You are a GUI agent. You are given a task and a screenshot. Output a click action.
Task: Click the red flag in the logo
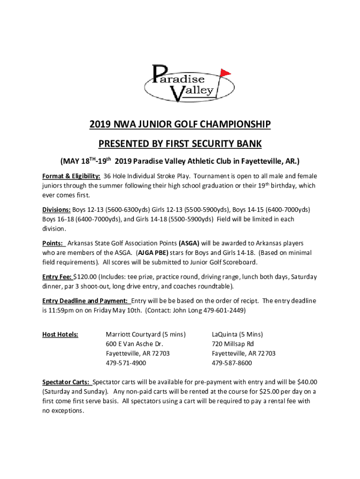click(225, 73)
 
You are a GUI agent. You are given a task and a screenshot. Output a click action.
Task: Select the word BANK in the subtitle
click(248, 143)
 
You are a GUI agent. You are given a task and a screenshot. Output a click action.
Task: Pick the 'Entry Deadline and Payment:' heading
click(86, 300)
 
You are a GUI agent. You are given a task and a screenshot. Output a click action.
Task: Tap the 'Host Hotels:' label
click(60, 334)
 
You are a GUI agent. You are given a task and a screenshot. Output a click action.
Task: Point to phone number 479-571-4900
click(126, 363)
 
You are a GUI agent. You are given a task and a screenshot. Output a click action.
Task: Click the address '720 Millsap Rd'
click(233, 344)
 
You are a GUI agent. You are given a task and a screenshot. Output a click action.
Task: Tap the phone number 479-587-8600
click(232, 363)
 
